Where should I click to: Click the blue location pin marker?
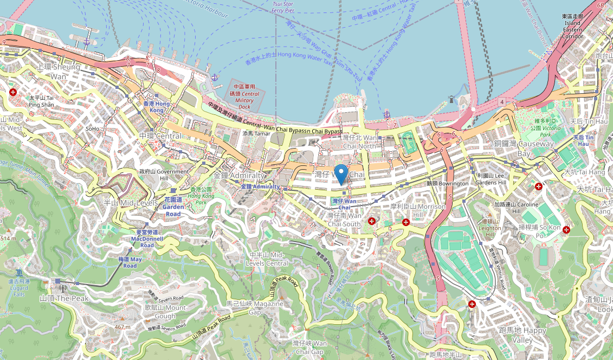(x=341, y=173)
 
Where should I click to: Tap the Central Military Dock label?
(x=244, y=97)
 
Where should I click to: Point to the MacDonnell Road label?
(x=145, y=242)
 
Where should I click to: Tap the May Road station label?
(x=130, y=262)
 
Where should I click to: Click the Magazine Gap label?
(x=255, y=308)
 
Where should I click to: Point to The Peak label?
(x=64, y=298)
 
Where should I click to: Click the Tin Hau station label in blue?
(x=584, y=141)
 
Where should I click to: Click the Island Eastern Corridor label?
(x=572, y=27)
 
